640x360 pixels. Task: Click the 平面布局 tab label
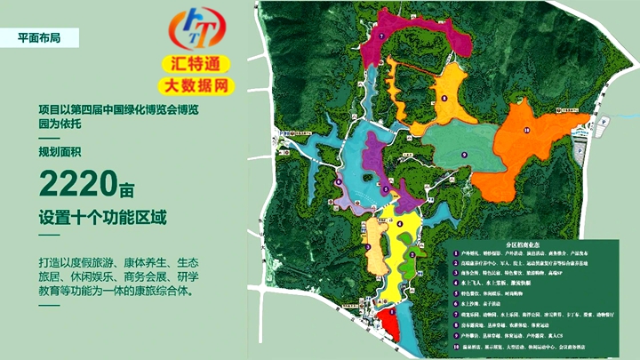[40, 37]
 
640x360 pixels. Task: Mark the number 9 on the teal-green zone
[463, 153]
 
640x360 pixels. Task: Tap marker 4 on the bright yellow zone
[401, 224]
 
